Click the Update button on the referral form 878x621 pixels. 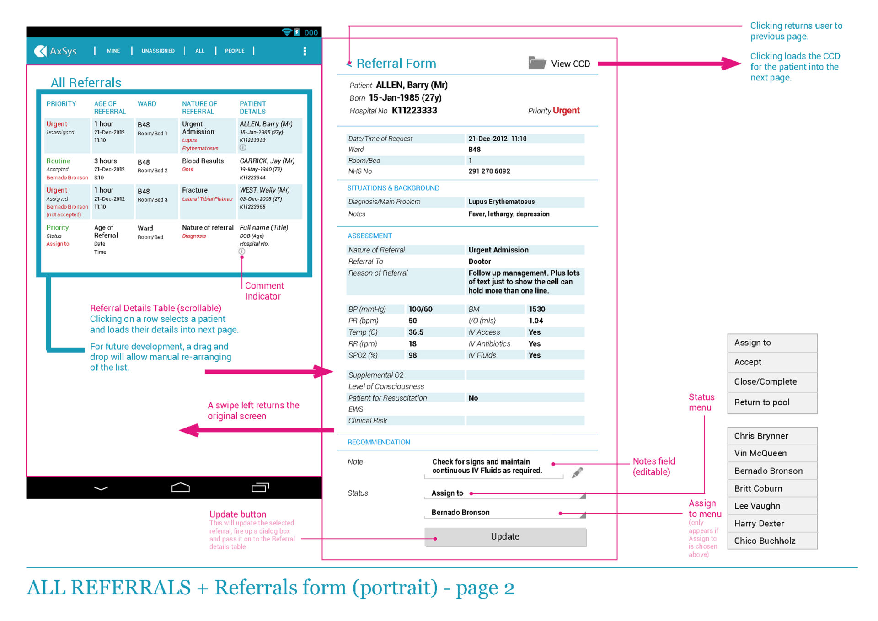pyautogui.click(x=505, y=537)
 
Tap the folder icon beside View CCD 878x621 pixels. pyautogui.click(x=537, y=63)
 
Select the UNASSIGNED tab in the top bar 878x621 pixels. pyautogui.click(x=158, y=51)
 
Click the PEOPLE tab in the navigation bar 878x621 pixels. pyautogui.click(x=235, y=51)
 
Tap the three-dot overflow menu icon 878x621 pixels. pyautogui.click(x=305, y=51)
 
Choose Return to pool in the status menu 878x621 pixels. pyautogui.click(x=762, y=402)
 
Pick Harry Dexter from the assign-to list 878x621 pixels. pyautogui.click(x=759, y=524)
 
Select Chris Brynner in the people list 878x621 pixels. pyautogui.click(x=761, y=436)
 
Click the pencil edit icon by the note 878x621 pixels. pyautogui.click(x=577, y=472)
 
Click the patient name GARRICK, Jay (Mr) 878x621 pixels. pyautogui.click(x=267, y=161)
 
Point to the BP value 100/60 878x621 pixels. pyautogui.click(x=420, y=310)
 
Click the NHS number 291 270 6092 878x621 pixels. pyautogui.click(x=489, y=171)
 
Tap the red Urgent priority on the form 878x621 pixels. pyautogui.click(x=566, y=111)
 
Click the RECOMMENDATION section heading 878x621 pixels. pyautogui.click(x=379, y=442)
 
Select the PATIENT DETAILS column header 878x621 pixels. pyautogui.click(x=252, y=108)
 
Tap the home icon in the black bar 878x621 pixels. pyautogui.click(x=180, y=488)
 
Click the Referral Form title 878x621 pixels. pyautogui.click(x=396, y=64)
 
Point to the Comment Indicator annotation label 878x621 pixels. pyautogui.click(x=264, y=291)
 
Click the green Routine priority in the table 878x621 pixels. pyautogui.click(x=58, y=161)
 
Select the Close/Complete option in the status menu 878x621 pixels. pyautogui.click(x=765, y=382)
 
